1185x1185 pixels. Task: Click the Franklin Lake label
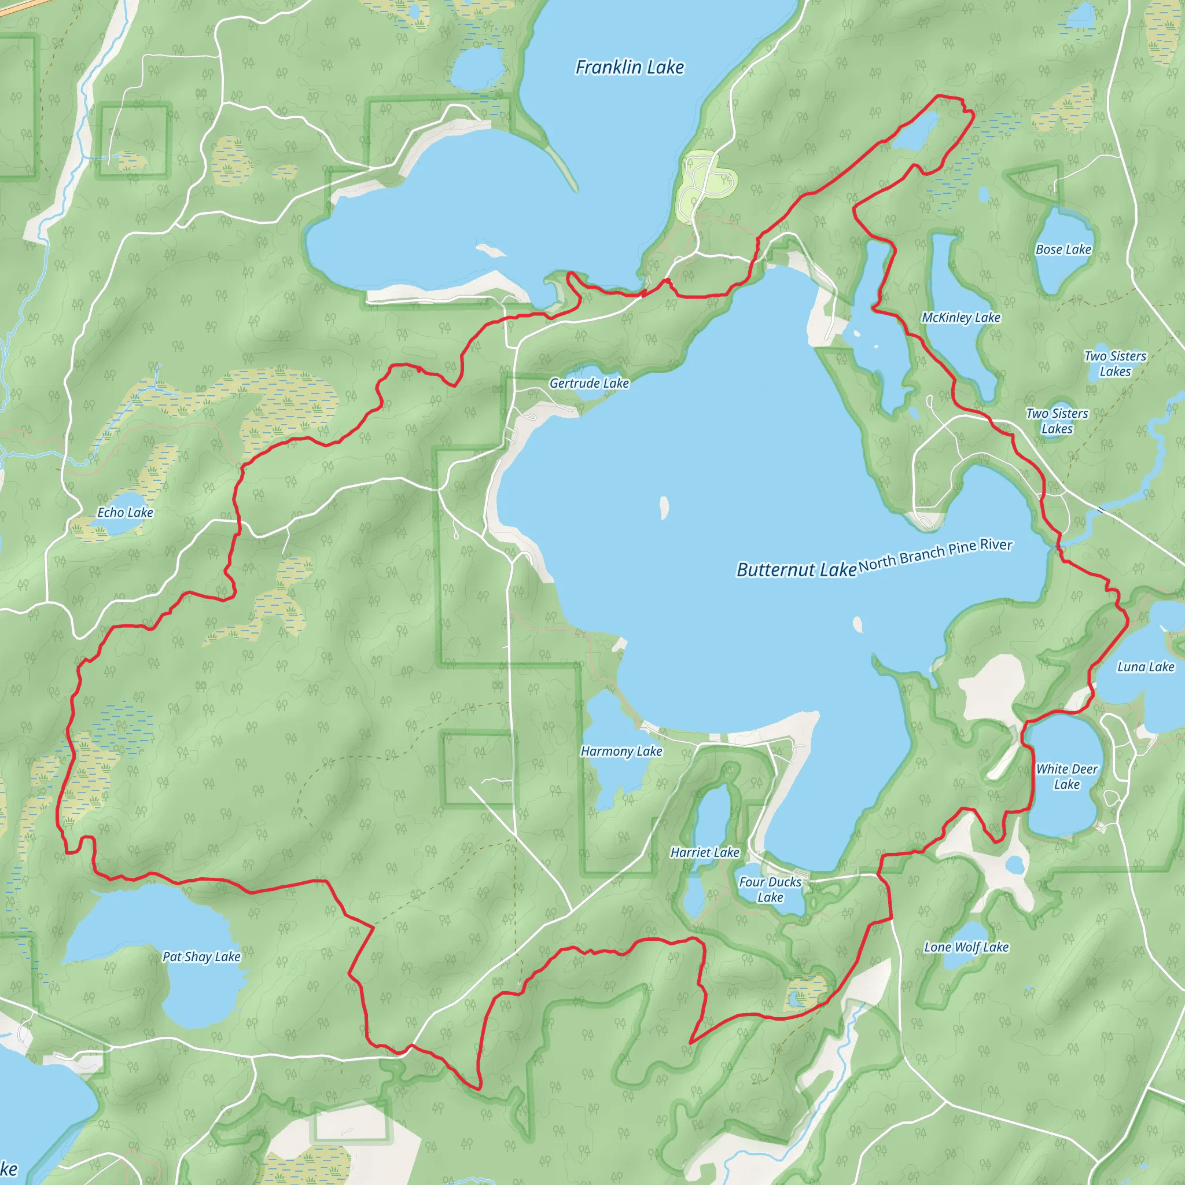point(630,67)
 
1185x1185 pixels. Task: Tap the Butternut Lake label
point(796,570)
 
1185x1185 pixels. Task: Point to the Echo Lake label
point(125,513)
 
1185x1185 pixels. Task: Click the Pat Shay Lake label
point(201,957)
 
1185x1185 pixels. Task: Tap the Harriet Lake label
point(705,852)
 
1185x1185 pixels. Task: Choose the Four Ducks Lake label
point(770,889)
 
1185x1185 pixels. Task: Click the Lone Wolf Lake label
point(966,947)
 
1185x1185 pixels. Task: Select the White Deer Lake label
point(1066,776)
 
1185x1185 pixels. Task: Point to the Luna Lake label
point(1145,667)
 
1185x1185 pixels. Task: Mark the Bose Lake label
point(1063,249)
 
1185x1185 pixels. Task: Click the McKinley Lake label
point(960,318)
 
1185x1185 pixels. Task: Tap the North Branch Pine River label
point(935,554)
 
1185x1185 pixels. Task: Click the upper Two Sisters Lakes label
point(1114,364)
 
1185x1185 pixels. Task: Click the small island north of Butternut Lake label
point(664,507)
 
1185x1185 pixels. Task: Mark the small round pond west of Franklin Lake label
point(478,68)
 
